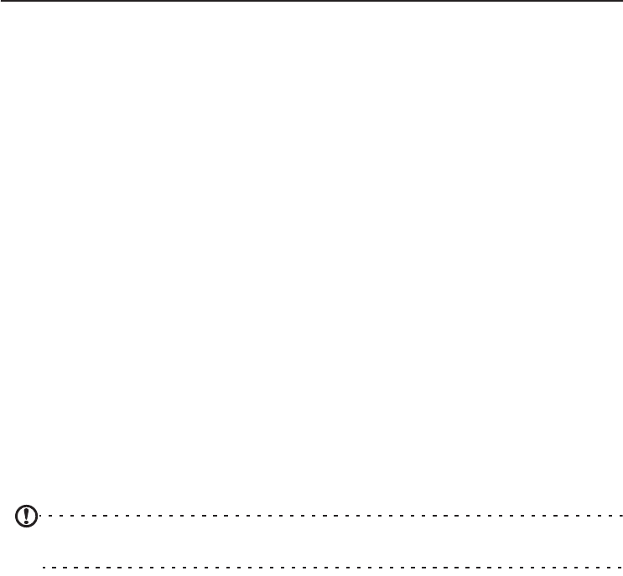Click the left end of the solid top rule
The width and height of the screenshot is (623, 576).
[x=1, y=1]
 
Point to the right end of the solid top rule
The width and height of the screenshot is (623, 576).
[x=621, y=1]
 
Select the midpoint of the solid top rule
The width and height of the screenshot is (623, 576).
[x=311, y=1]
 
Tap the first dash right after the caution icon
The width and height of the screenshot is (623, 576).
[x=39, y=516]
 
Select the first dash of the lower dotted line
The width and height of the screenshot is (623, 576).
[x=44, y=568]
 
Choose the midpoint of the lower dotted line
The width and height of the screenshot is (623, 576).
[x=332, y=568]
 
